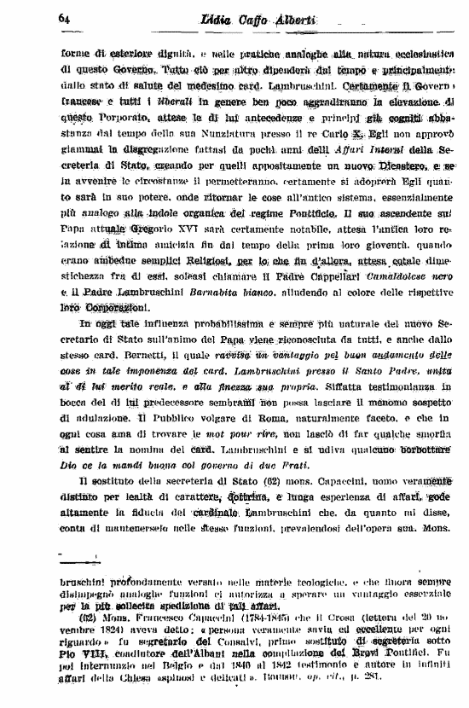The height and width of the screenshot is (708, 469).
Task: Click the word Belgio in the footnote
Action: pos(181,666)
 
